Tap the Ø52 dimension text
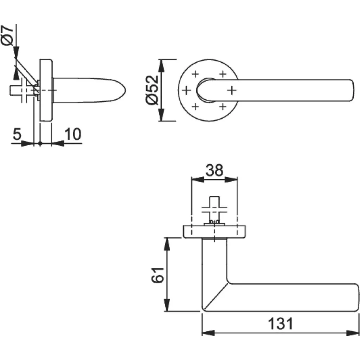point(152,90)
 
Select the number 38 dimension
point(214,170)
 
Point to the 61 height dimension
point(158,275)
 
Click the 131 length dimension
point(281,323)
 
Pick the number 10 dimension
point(73,134)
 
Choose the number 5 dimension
point(17,134)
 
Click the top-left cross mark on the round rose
point(195,74)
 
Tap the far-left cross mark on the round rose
point(186,90)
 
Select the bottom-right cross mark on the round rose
point(223,107)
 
